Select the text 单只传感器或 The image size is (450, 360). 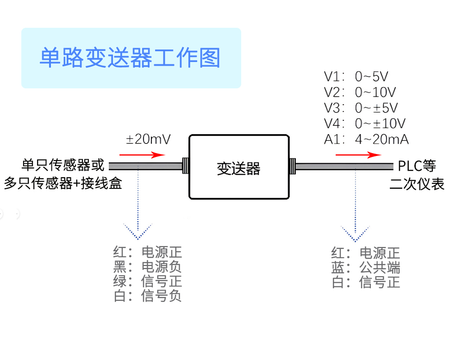coord(63,165)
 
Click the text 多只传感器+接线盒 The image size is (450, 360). coord(63,183)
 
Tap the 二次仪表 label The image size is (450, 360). coord(417,184)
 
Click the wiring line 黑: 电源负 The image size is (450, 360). coord(147,267)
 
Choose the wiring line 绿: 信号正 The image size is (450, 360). coord(147,281)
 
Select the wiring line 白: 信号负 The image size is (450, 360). coord(147,296)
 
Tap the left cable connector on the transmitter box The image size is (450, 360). coord(185,166)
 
